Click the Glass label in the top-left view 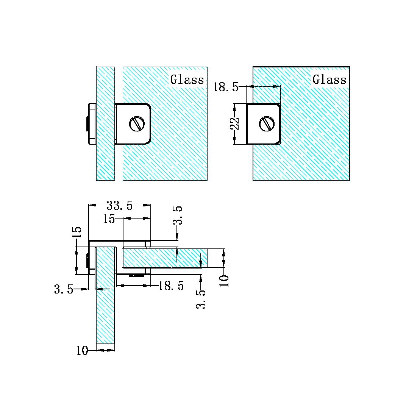(x=187, y=80)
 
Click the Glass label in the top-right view (x=329, y=80)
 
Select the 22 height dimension (x=236, y=123)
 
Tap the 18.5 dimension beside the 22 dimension (x=226, y=87)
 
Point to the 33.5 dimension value (x=120, y=206)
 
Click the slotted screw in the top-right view (x=266, y=124)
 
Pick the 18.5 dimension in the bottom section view (x=171, y=286)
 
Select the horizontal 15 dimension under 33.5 (x=109, y=219)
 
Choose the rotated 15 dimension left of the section (x=77, y=233)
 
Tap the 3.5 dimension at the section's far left (x=64, y=290)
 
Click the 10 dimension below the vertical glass (x=82, y=351)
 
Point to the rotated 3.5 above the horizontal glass (x=178, y=215)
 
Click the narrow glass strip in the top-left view (x=105, y=159)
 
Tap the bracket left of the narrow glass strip (x=91, y=123)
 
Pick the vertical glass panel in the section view (x=105, y=311)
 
